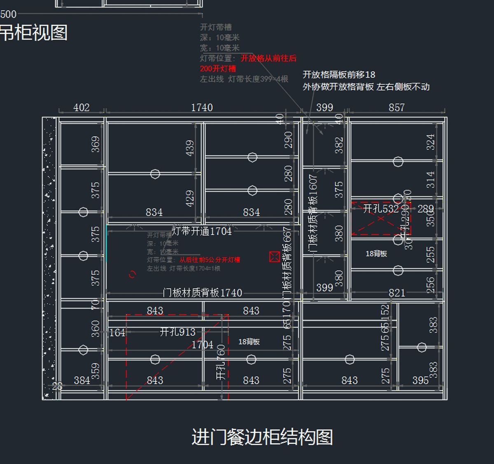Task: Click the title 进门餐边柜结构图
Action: tap(262, 437)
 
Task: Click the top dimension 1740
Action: tap(202, 107)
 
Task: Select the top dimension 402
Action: tap(82, 107)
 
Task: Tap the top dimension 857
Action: tap(396, 107)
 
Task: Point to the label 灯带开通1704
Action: tap(202, 231)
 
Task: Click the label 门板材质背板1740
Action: tap(202, 293)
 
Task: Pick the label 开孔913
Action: tap(177, 332)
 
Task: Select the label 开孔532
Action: tap(381, 209)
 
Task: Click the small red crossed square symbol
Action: tap(275, 257)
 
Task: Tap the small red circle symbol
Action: tap(132, 274)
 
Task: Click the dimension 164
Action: tap(117, 333)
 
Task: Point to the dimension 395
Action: tap(420, 380)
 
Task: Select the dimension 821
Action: tap(397, 293)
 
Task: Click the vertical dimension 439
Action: tap(190, 148)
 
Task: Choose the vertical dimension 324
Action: tap(431, 142)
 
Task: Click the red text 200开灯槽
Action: tap(218, 69)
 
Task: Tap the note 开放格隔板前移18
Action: tap(339, 75)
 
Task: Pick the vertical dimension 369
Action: tap(96, 144)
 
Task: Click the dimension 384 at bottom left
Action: tap(82, 380)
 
